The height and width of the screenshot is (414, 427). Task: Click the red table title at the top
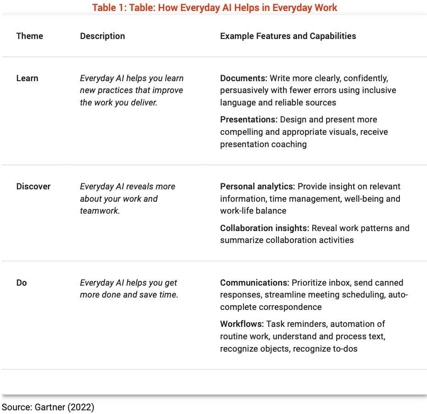click(215, 7)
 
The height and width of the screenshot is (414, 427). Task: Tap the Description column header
click(102, 36)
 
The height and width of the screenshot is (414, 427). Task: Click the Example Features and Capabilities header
click(288, 36)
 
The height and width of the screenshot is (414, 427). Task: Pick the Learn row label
click(27, 78)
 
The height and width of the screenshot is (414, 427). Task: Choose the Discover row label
click(33, 187)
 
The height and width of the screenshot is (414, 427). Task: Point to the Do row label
click(22, 283)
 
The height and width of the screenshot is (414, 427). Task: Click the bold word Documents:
click(244, 78)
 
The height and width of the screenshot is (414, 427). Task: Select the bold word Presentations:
click(249, 120)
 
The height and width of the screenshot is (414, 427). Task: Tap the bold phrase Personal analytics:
click(257, 187)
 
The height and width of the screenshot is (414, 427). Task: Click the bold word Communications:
click(255, 283)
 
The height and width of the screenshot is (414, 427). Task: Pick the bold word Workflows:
click(242, 324)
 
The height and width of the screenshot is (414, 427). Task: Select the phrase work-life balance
click(253, 211)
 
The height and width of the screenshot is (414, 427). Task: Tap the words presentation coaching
click(263, 144)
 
